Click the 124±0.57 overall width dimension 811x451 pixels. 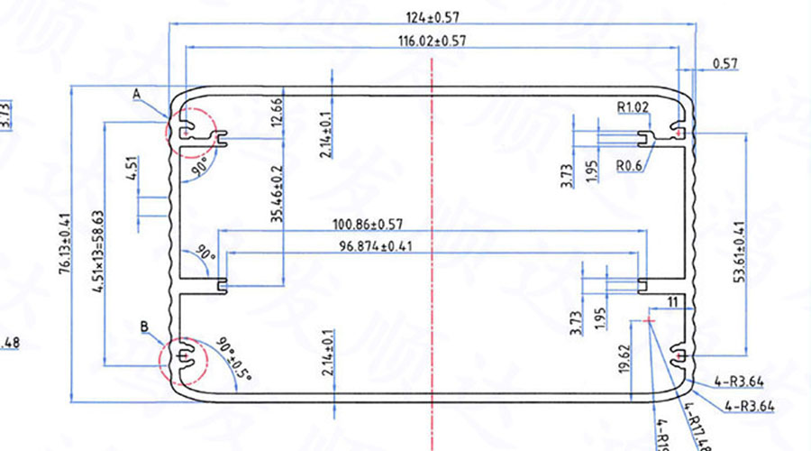(435, 16)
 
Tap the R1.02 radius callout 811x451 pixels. (633, 107)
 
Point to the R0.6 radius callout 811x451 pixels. (629, 165)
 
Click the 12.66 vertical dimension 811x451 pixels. (276, 114)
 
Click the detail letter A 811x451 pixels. (137, 94)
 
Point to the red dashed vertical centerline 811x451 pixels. (433, 271)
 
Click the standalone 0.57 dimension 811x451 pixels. (724, 64)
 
